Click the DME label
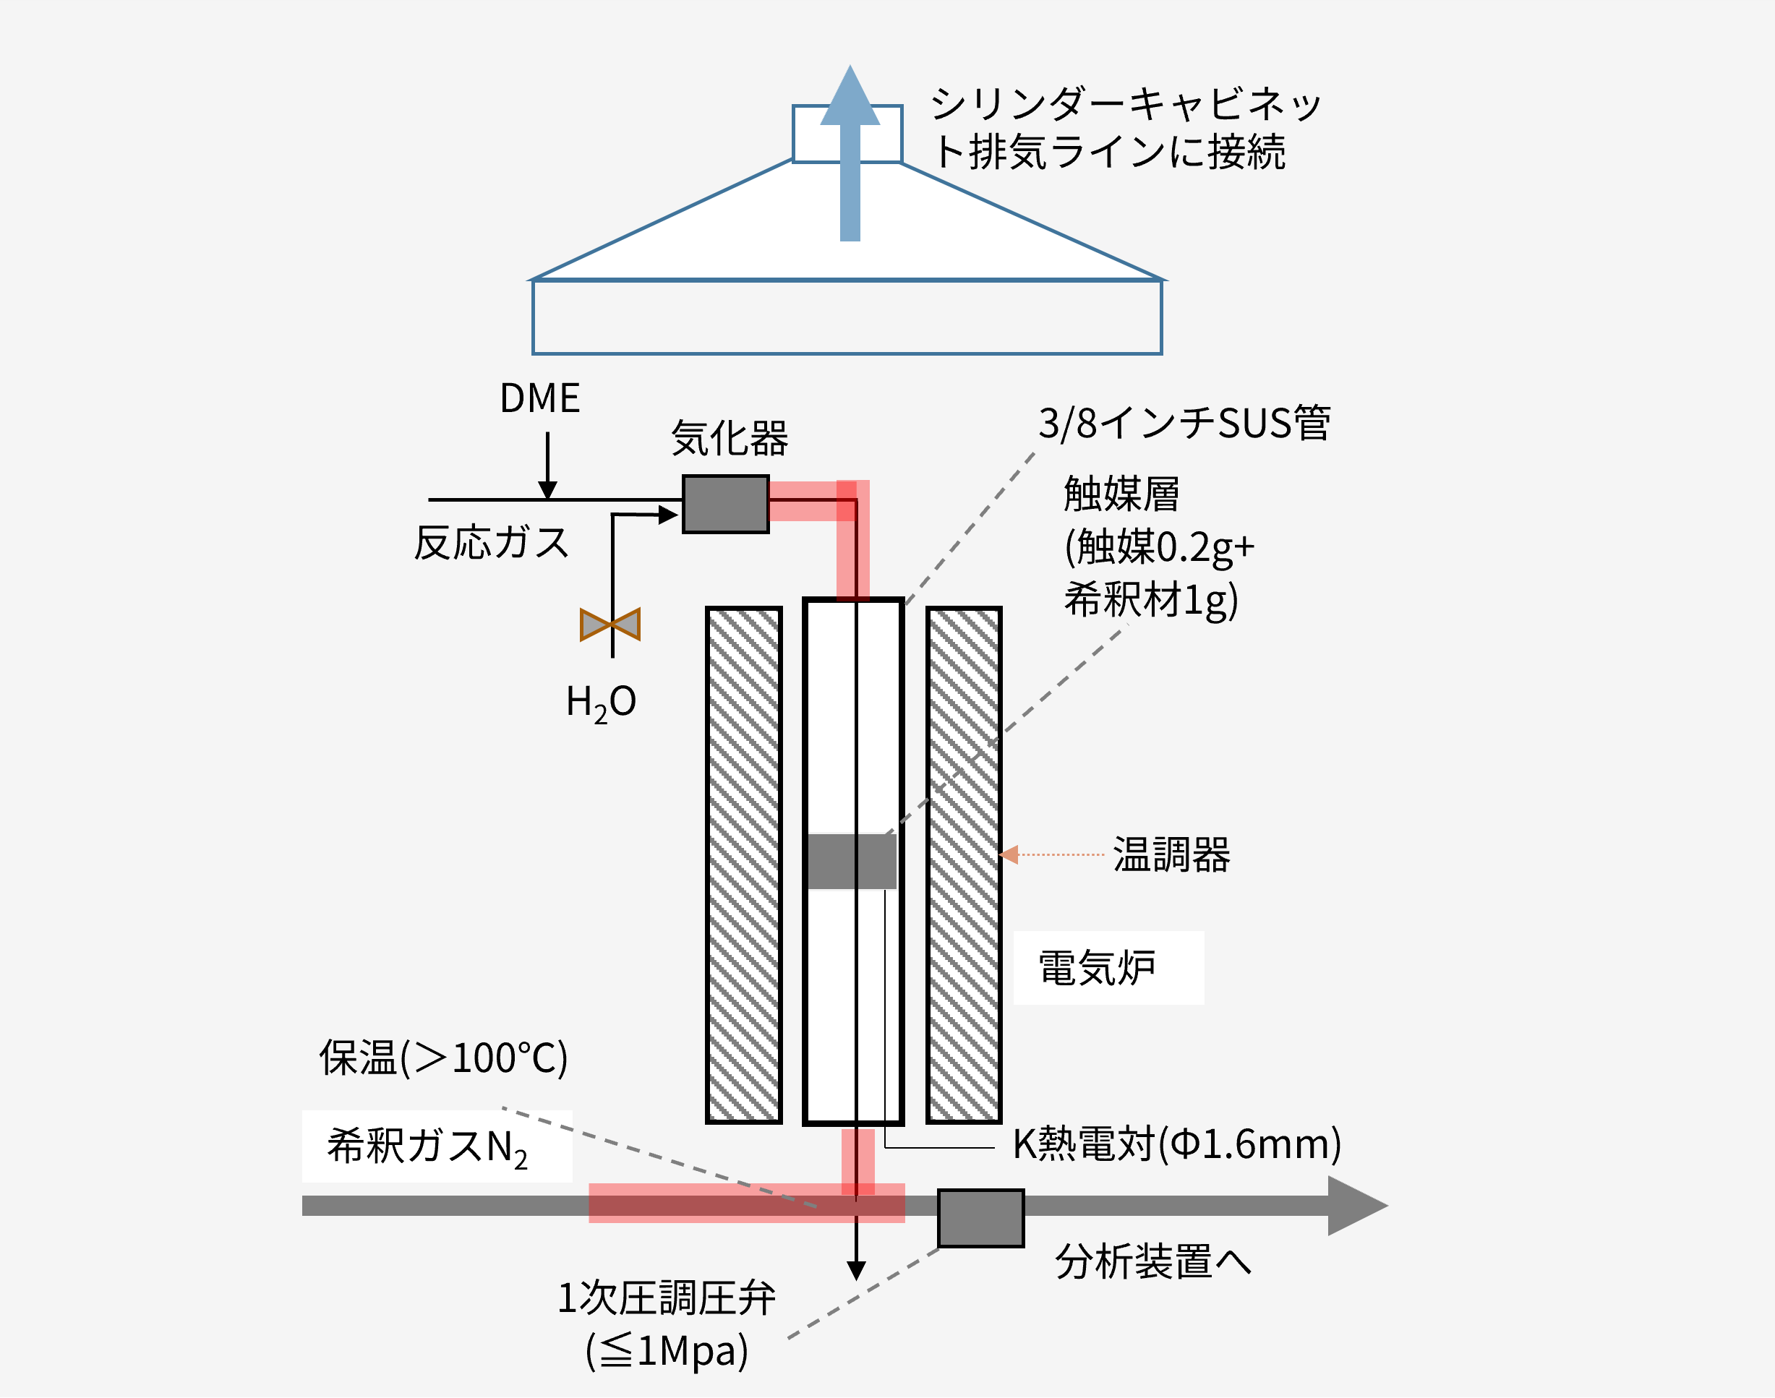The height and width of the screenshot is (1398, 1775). tap(539, 398)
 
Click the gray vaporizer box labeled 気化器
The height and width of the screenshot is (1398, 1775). tap(725, 505)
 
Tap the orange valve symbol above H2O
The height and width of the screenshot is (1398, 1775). tap(610, 625)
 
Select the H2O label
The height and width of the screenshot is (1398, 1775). tap(601, 703)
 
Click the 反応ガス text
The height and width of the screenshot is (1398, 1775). tap(491, 543)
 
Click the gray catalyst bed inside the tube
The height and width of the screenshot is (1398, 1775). tap(852, 861)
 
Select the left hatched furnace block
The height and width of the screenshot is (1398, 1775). tap(743, 865)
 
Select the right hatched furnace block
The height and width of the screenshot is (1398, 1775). tap(964, 865)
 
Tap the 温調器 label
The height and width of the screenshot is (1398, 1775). tap(1171, 854)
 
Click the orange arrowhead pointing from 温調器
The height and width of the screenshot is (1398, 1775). tap(1009, 854)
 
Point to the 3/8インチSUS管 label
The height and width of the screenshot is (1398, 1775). tap(1184, 423)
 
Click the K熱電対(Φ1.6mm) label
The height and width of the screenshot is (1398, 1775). tap(1176, 1144)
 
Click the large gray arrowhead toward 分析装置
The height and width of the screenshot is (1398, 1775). tap(1355, 1206)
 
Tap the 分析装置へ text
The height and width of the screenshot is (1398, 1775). tap(1152, 1261)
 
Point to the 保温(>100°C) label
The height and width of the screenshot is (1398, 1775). tap(443, 1058)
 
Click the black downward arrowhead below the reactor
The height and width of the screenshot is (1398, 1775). tap(856, 1270)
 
